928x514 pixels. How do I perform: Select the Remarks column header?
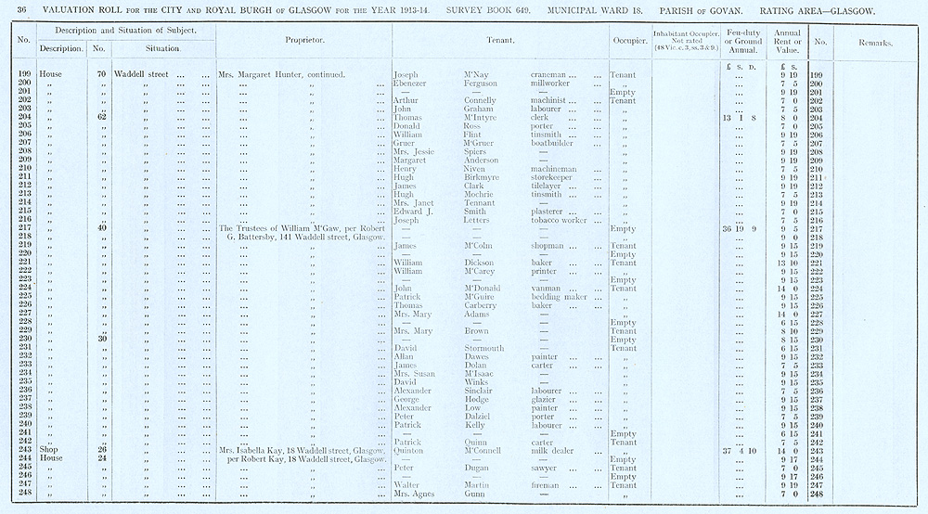point(875,43)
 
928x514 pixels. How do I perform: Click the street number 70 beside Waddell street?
point(99,73)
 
